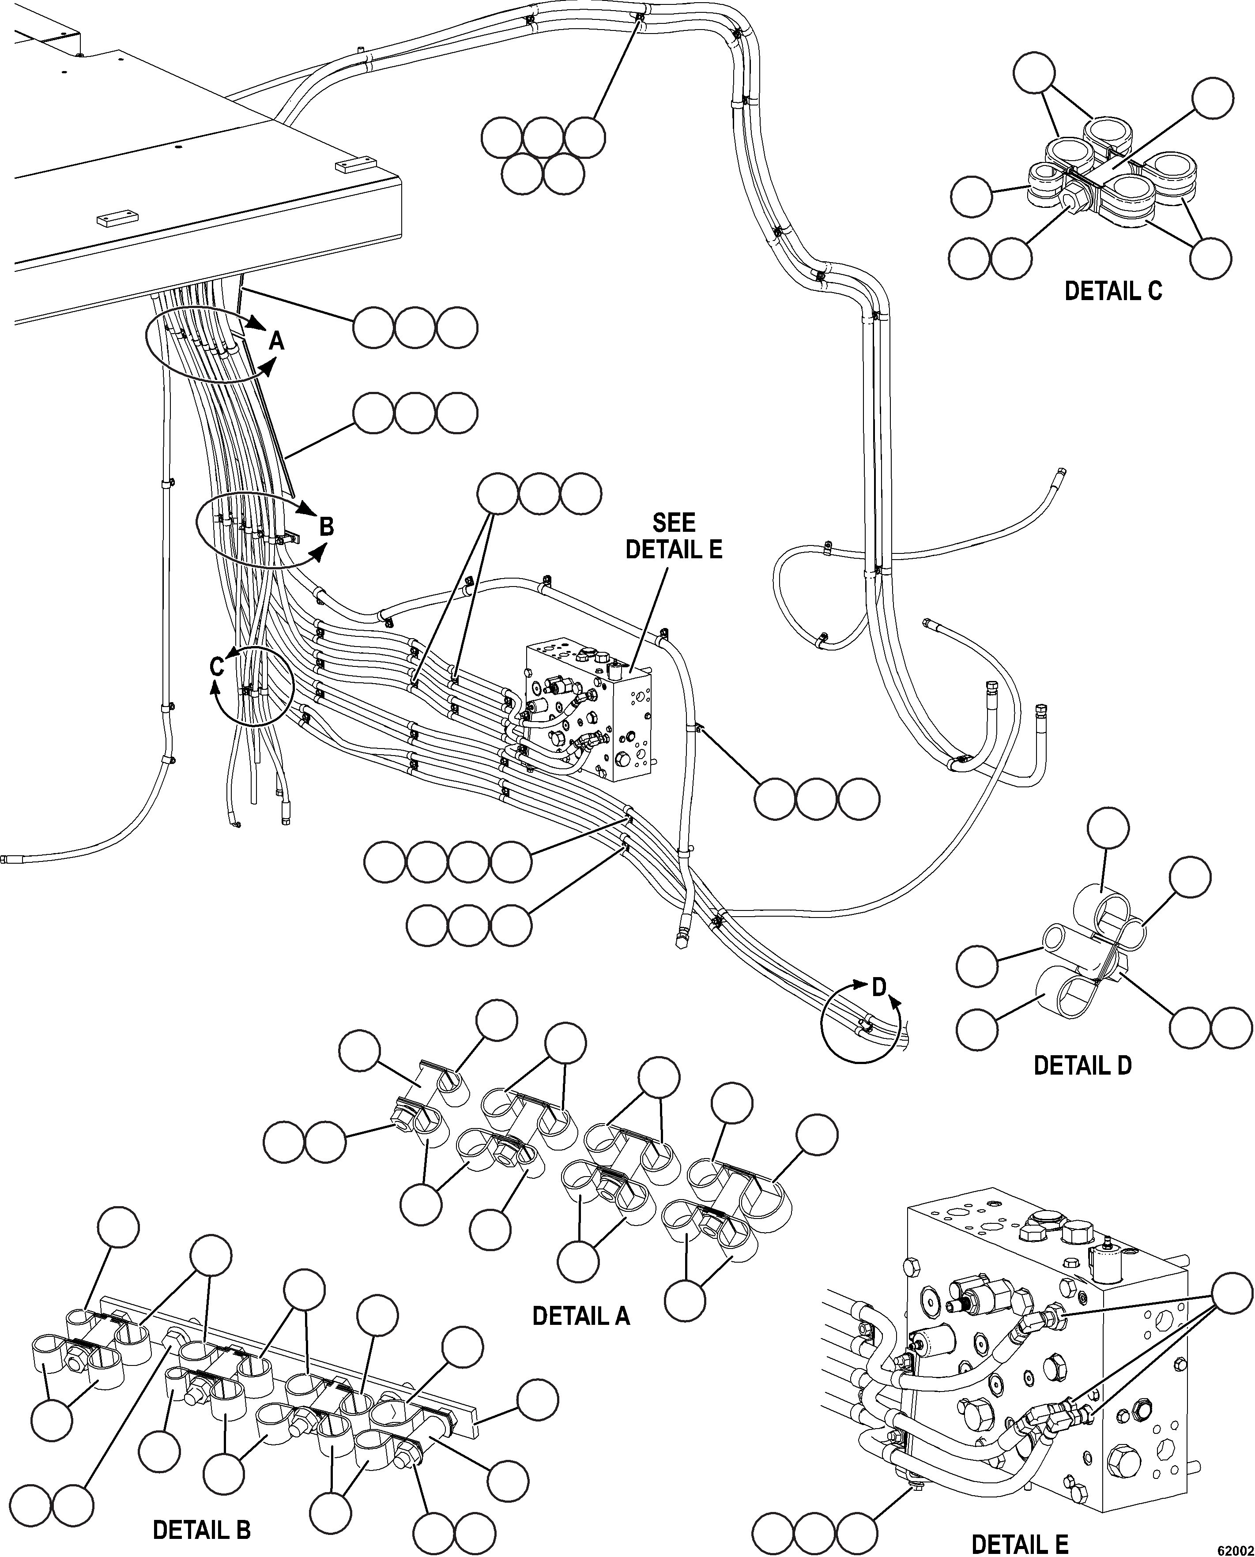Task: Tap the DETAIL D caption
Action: [1082, 1065]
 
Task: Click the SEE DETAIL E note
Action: [674, 536]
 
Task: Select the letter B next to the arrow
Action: [326, 526]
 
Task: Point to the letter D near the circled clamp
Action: [879, 987]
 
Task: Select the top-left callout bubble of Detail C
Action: [1034, 73]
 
